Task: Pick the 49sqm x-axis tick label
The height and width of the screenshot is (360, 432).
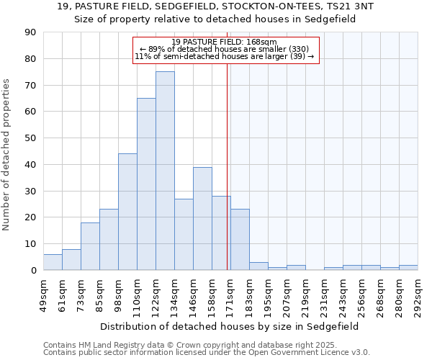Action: tap(44, 292)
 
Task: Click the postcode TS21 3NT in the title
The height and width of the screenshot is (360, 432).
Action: tap(348, 6)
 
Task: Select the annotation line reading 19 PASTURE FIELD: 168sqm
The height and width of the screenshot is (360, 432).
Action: tap(225, 42)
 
